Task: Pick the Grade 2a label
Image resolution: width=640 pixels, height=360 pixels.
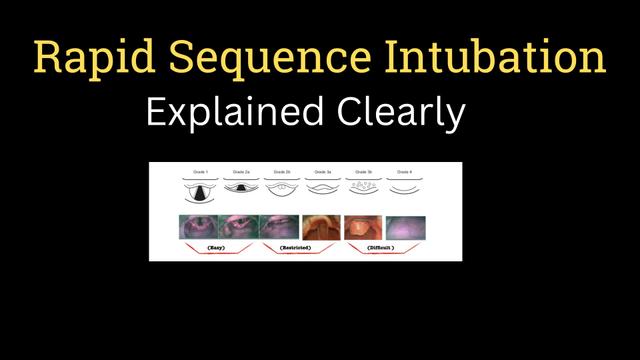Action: tap(240, 172)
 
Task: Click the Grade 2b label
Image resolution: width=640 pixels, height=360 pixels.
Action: tap(281, 172)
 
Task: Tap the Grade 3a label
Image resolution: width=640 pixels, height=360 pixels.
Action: tap(323, 172)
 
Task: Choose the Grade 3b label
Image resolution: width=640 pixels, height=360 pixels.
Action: tap(364, 172)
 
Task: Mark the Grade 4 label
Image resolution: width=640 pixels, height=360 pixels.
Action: tap(406, 172)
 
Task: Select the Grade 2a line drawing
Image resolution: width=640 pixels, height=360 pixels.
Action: tap(240, 188)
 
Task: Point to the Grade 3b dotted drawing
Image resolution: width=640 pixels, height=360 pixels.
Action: tap(364, 187)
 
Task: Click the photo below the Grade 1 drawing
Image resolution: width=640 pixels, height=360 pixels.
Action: tap(198, 227)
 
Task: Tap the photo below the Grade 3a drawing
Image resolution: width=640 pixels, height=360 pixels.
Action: tap(322, 227)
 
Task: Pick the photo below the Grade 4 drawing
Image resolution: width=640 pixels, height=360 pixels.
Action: tap(405, 227)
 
